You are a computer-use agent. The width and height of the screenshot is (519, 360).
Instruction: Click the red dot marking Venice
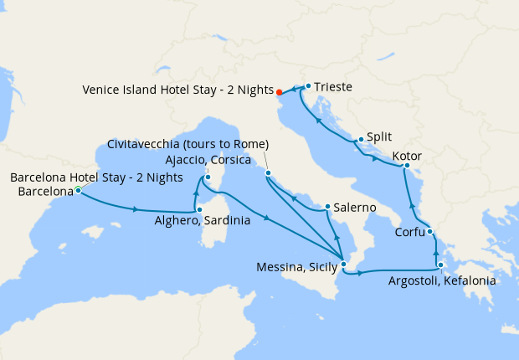click(x=280, y=92)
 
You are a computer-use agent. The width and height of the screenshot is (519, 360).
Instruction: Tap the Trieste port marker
click(x=308, y=85)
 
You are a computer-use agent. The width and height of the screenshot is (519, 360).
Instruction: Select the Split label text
click(x=380, y=136)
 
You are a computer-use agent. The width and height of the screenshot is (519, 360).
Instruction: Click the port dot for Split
click(x=361, y=140)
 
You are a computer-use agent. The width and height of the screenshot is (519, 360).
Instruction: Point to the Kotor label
click(x=406, y=156)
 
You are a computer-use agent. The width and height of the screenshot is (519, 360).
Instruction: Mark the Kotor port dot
click(x=405, y=166)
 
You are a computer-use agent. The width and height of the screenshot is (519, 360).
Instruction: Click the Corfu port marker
click(x=429, y=232)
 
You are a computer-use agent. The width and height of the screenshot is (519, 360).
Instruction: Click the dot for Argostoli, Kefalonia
click(x=440, y=265)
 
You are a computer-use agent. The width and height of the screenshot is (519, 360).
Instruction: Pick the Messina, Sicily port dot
click(x=343, y=265)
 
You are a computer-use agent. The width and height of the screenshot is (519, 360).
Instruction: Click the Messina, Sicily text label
click(x=296, y=268)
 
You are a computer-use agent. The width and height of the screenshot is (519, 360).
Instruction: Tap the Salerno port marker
click(x=326, y=207)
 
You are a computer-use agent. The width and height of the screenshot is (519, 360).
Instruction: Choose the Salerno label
click(x=353, y=206)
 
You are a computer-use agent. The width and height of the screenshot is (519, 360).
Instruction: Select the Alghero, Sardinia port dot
click(x=198, y=209)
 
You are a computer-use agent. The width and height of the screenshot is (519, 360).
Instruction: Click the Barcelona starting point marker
click(x=78, y=191)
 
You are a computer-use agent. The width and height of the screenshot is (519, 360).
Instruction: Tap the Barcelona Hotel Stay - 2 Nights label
click(x=96, y=177)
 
